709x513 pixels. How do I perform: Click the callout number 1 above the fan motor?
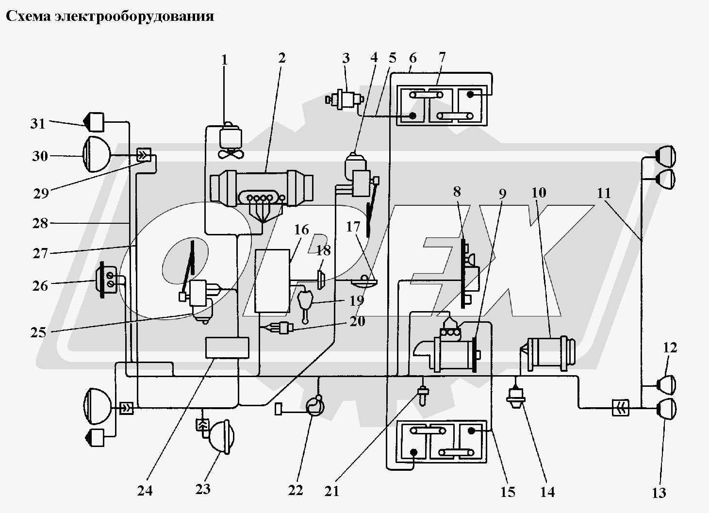224,60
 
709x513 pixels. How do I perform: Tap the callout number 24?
145,491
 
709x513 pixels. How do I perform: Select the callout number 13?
659,493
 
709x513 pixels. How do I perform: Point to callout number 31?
38,123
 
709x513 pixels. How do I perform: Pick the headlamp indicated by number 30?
97,154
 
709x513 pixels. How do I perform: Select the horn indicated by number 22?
314,406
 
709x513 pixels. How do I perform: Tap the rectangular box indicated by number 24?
227,348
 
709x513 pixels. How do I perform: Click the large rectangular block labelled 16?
273,281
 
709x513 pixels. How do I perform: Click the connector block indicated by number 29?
144,155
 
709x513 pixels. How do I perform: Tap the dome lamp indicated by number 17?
364,282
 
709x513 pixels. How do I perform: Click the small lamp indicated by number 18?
321,280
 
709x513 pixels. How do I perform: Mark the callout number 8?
457,192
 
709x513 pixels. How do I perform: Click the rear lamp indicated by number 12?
666,384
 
